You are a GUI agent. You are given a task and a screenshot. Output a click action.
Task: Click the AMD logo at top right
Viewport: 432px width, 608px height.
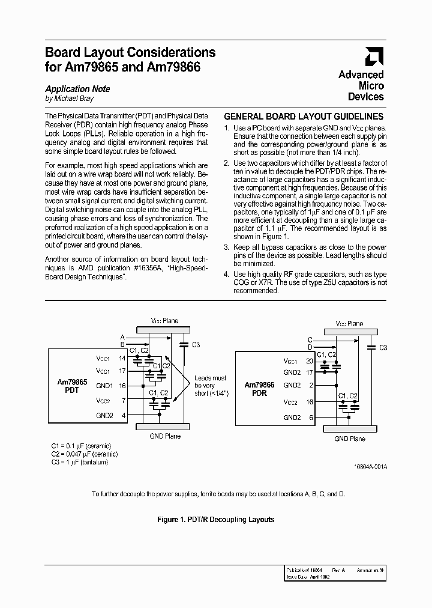click(x=374, y=56)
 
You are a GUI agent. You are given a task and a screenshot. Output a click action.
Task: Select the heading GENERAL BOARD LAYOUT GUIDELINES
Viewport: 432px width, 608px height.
click(x=304, y=117)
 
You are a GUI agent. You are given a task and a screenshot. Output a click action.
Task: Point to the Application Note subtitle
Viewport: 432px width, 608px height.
click(x=77, y=89)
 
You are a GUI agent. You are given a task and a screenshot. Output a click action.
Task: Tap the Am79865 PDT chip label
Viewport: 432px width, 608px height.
click(x=72, y=386)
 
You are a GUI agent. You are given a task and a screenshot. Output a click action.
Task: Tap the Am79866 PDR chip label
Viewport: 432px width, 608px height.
click(x=259, y=389)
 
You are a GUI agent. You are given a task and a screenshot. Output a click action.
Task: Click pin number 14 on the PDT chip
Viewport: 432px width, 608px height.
click(x=122, y=357)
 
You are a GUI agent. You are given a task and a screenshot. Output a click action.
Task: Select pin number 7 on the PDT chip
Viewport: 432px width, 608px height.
click(x=124, y=400)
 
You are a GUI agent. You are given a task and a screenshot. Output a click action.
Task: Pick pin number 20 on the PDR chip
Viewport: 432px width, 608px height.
click(x=310, y=362)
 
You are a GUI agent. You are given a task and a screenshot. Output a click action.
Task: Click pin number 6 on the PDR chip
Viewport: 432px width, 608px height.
click(x=310, y=418)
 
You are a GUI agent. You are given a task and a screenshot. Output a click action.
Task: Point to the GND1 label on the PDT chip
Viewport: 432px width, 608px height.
click(x=104, y=386)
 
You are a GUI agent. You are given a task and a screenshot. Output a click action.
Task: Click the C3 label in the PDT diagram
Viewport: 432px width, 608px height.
click(x=196, y=344)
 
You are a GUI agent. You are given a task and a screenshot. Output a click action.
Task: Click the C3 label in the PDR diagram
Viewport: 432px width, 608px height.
click(x=383, y=347)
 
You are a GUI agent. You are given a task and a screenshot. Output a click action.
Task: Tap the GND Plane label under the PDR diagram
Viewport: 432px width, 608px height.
click(x=349, y=439)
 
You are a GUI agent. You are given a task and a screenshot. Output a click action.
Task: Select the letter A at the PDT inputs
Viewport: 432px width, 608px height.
click(x=122, y=336)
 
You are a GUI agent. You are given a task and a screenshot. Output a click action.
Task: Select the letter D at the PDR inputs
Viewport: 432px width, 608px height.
click(x=310, y=347)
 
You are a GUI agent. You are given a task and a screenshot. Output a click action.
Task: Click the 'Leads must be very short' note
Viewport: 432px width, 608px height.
click(x=210, y=386)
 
